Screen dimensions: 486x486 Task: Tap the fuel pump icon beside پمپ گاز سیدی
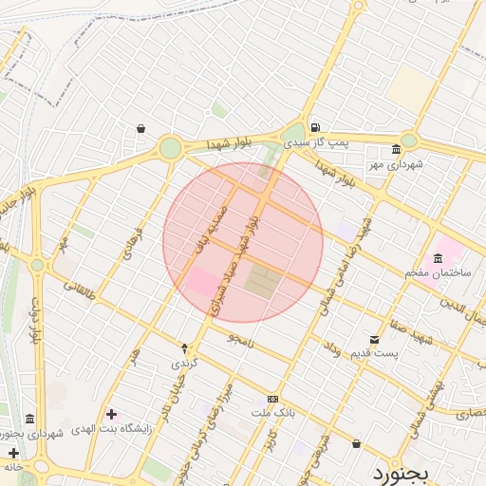pos(314,127)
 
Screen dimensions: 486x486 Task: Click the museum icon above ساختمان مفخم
pos(438,259)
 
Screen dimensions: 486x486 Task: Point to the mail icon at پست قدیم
pos(374,340)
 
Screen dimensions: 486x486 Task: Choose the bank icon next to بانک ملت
pos(272,399)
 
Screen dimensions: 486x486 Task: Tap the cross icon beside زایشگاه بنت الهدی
pos(112,414)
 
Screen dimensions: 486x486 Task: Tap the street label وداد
pos(332,350)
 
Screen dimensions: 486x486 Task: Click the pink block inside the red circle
pos(199,283)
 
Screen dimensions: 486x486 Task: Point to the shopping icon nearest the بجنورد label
pos(356,442)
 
